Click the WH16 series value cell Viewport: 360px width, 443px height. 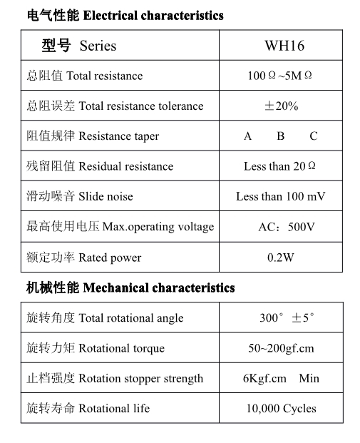click(x=284, y=46)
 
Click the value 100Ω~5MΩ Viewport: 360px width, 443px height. click(x=279, y=76)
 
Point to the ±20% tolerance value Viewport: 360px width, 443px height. click(x=281, y=106)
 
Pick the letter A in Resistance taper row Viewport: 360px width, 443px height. click(x=247, y=136)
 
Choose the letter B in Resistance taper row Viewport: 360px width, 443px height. click(x=281, y=136)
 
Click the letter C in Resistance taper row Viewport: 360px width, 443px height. click(x=313, y=136)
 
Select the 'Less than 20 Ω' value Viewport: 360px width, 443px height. click(x=279, y=166)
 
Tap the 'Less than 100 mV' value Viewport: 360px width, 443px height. click(x=280, y=196)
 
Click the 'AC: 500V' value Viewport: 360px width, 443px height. click(x=286, y=227)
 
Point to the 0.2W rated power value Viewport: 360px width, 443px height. click(x=280, y=258)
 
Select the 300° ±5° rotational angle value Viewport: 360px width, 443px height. click(x=286, y=318)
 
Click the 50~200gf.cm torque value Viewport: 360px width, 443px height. click(x=280, y=348)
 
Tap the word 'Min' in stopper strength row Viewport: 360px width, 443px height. click(x=309, y=378)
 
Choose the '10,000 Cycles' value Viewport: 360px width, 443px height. click(x=281, y=409)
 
